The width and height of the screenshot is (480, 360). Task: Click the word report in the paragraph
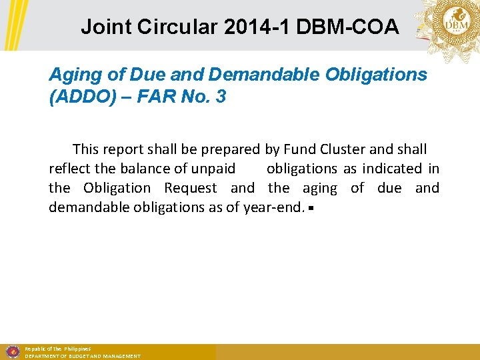(127, 149)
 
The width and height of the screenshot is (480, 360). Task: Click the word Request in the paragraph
(191, 188)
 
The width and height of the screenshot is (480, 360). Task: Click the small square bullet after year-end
(311, 208)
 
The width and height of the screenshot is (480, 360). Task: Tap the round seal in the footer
(11, 351)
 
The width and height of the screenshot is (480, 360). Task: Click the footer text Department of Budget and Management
(83, 357)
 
